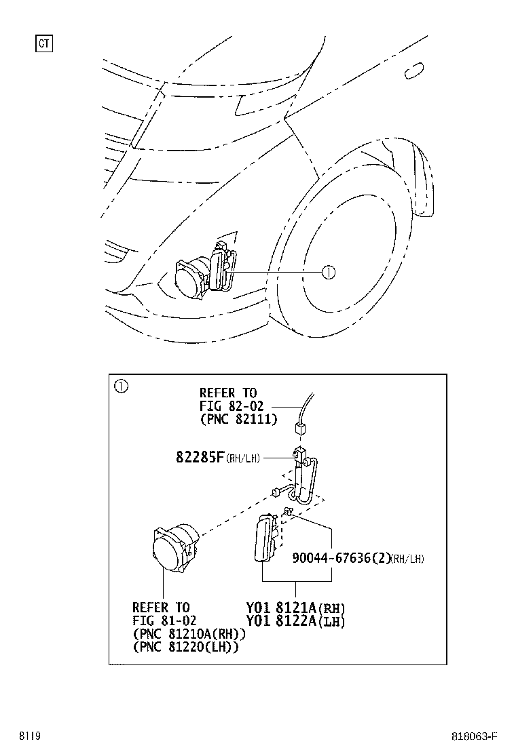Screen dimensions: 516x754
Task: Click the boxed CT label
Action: (x=44, y=44)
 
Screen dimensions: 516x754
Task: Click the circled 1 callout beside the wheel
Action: (x=329, y=273)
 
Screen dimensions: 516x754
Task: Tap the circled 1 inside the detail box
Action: (x=121, y=386)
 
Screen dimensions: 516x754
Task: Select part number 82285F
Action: (x=200, y=456)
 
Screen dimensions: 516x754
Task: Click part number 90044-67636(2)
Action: (x=342, y=558)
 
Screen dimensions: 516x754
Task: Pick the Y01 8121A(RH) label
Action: (x=295, y=608)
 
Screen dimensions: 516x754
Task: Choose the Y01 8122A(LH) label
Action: (x=295, y=621)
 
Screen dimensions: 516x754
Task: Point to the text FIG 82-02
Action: (x=232, y=406)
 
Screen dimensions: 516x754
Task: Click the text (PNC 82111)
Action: (x=238, y=419)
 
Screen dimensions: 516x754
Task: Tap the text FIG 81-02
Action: (x=164, y=620)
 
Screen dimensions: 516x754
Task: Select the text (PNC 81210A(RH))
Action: (x=189, y=634)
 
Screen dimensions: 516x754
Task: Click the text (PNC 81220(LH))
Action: (x=185, y=647)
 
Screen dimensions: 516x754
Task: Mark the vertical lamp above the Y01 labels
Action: (x=265, y=538)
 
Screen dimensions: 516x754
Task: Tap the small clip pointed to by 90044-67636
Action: (x=288, y=511)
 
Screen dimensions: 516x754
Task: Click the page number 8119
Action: (x=30, y=736)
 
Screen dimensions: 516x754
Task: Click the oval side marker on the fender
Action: (x=414, y=71)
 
